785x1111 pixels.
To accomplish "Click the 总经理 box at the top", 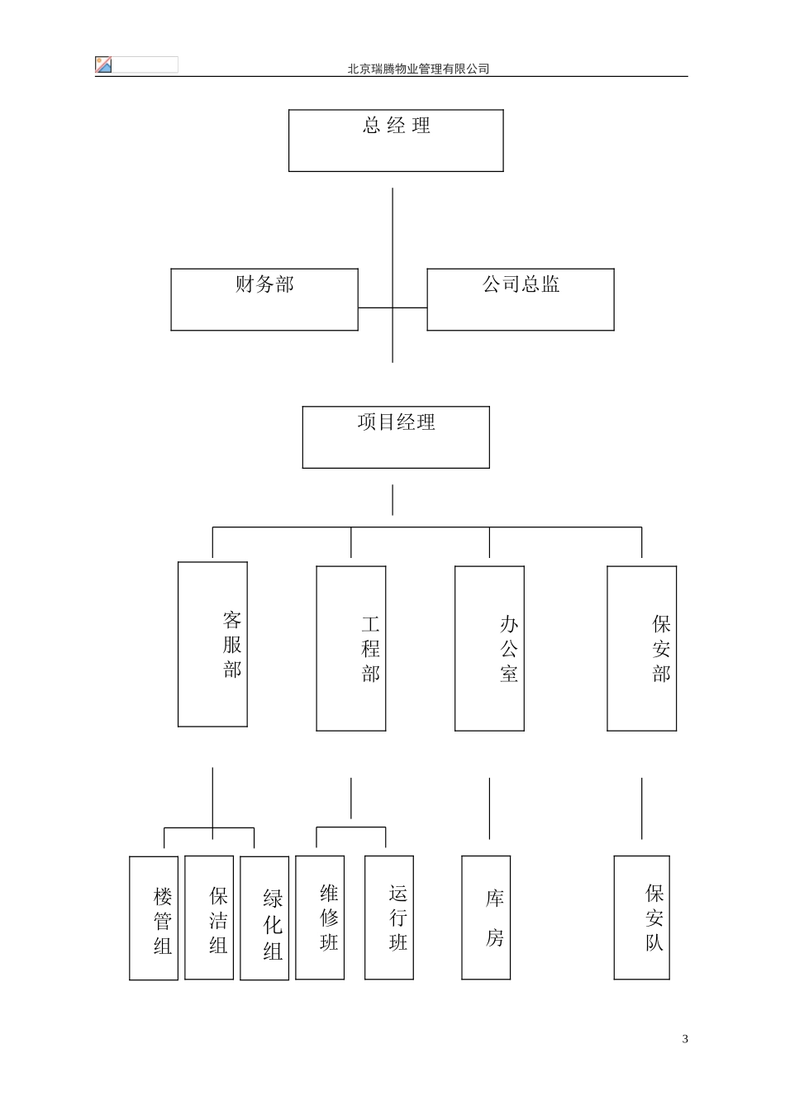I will click(x=396, y=141).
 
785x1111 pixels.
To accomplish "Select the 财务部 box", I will click(x=264, y=299).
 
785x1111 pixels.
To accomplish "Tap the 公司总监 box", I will click(x=521, y=299).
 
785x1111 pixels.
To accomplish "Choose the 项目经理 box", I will click(x=396, y=437).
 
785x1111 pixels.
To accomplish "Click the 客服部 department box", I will click(x=212, y=645).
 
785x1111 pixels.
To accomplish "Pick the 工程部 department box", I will click(x=351, y=649).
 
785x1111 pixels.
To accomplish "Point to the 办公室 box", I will click(x=489, y=649).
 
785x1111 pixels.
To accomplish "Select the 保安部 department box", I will click(x=641, y=649).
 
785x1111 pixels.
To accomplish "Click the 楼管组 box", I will click(x=154, y=918).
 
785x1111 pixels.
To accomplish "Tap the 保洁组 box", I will click(x=209, y=918).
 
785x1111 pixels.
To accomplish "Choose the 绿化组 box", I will click(x=264, y=918).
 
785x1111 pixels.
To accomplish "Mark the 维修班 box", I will click(x=320, y=918).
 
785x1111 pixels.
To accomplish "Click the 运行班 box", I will click(x=389, y=918).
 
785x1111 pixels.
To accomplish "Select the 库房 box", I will click(x=486, y=918).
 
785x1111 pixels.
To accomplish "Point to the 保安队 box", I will click(x=641, y=918).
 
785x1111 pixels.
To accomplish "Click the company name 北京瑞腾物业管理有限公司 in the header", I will click(x=418, y=69).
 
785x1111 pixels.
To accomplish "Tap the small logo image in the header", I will click(x=103, y=65).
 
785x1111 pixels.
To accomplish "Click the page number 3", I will click(x=685, y=1039).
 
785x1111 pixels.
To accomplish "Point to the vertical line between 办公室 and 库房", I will click(x=489, y=808).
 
